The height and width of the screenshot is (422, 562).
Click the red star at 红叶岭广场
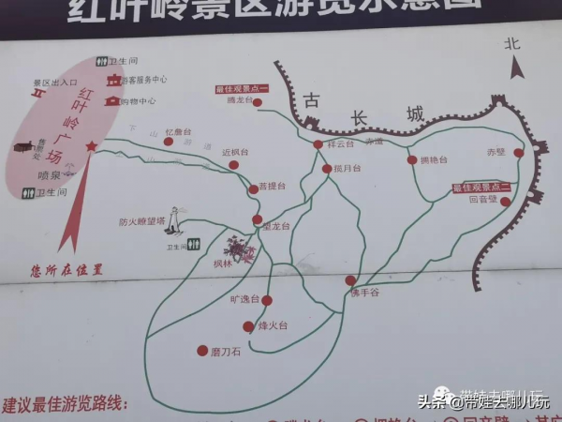click(x=91, y=145)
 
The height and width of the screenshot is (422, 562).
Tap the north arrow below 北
click(x=515, y=68)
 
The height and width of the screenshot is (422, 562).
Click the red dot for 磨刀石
click(x=202, y=351)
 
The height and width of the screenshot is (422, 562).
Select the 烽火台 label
click(x=273, y=326)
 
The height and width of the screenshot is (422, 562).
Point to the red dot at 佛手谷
click(x=350, y=279)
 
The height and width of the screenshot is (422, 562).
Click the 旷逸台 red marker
click(x=267, y=300)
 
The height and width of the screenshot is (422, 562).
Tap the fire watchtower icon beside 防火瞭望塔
click(x=173, y=219)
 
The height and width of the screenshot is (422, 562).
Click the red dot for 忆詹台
click(x=169, y=142)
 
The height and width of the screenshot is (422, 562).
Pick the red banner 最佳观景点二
click(x=481, y=188)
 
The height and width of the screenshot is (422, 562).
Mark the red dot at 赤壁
click(x=518, y=152)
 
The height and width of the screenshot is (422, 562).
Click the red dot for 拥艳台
click(x=412, y=159)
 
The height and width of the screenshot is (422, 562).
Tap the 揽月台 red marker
click(x=326, y=169)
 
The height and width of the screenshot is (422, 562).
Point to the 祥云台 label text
click(x=341, y=144)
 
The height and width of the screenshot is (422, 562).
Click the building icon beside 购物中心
click(x=112, y=100)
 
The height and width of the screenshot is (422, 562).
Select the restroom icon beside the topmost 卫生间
click(x=101, y=62)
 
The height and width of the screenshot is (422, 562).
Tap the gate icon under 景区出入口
click(x=38, y=95)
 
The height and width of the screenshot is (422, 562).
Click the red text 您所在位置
click(x=67, y=269)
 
